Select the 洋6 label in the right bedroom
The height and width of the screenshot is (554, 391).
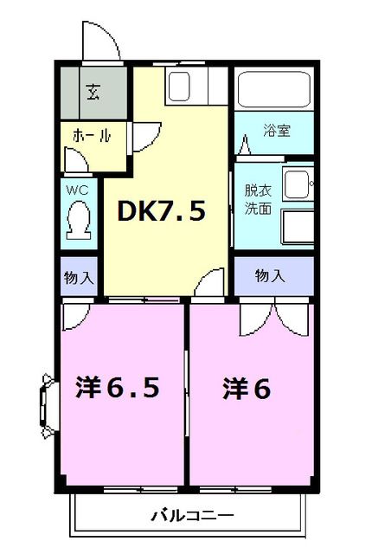247,389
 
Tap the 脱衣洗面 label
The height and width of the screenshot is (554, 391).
258,200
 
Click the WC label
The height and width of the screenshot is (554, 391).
77,187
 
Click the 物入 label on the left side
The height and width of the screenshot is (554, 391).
79,278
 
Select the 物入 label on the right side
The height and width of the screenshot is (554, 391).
270,276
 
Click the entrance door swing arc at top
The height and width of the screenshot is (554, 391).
97,39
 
